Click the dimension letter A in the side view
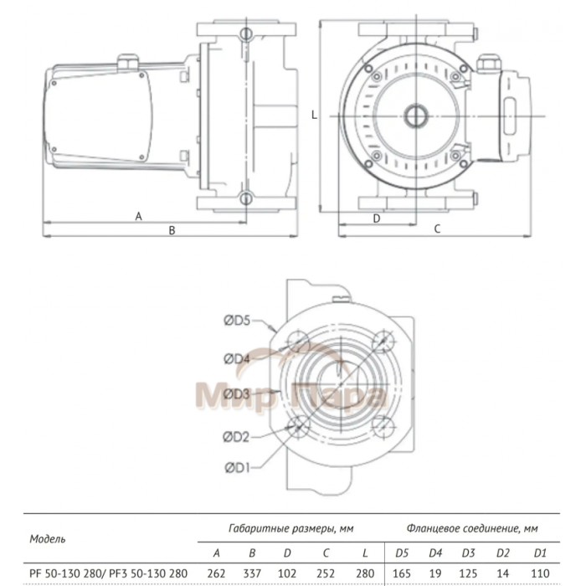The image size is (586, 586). pos(139,216)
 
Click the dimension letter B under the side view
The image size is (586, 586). pos(172,229)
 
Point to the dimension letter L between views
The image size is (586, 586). pos(313,116)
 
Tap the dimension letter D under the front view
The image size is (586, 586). pos(376,217)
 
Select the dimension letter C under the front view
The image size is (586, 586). pos(437,229)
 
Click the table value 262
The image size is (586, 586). pos(217,572)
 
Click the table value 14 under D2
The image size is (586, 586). pos(505,572)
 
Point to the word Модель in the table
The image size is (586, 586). pos(47,538)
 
